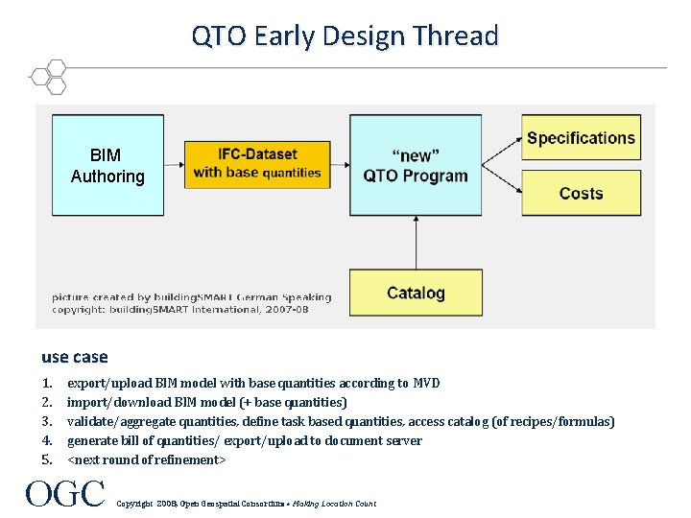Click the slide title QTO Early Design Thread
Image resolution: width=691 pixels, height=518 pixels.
click(x=345, y=36)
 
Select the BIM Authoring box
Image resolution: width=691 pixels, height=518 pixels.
click(x=107, y=165)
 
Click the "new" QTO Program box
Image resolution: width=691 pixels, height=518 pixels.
click(x=416, y=165)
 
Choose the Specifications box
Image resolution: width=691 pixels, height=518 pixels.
click(x=581, y=138)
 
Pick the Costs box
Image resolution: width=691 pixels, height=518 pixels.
click(x=581, y=193)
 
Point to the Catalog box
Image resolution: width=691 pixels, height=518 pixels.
click(x=416, y=293)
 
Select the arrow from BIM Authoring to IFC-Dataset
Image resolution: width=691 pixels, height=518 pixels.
click(x=175, y=164)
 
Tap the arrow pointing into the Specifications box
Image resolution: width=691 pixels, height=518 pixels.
click(x=502, y=144)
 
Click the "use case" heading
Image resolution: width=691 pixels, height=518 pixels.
click(x=75, y=357)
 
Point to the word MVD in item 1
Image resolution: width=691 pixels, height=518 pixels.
click(x=426, y=383)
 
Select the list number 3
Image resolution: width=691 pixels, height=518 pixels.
click(x=47, y=421)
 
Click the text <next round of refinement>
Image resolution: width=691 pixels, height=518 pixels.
click(x=147, y=459)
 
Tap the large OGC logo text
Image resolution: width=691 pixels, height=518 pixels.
click(x=65, y=494)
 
